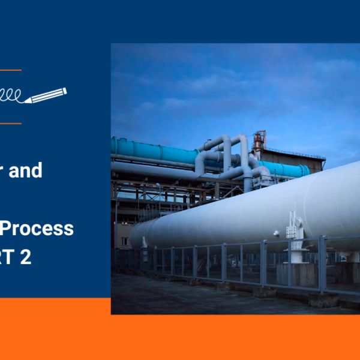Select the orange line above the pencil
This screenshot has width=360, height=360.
coord(11,70)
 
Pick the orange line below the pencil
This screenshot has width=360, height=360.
coord(11,124)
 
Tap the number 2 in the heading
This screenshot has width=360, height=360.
coord(41,257)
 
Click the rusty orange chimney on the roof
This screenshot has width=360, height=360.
coord(259,141)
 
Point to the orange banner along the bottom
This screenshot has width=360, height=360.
coord(180,336)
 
